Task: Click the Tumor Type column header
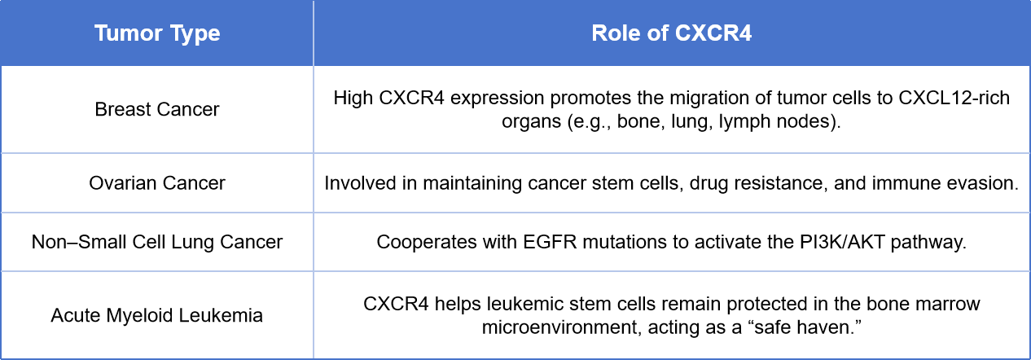pos(157,33)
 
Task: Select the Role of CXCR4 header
pos(672,33)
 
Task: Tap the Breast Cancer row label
pos(157,110)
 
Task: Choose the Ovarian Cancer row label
pos(157,183)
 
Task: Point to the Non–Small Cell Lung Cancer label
pos(157,242)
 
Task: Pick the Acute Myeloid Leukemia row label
pos(157,316)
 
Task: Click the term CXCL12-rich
pos(954,98)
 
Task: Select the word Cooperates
pos(427,243)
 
